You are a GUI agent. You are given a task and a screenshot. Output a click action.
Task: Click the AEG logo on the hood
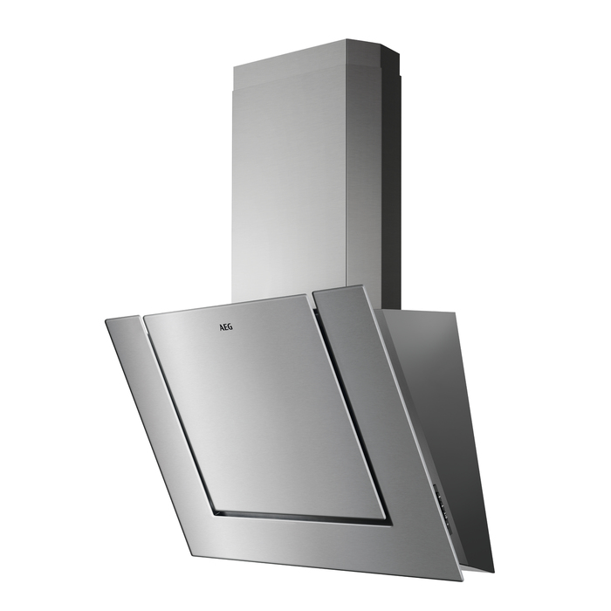(x=225, y=327)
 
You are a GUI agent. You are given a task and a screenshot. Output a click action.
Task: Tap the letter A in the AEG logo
(x=221, y=326)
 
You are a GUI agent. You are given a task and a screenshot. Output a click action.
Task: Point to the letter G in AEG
(x=230, y=327)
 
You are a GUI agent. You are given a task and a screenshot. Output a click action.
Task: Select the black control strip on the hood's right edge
(x=443, y=505)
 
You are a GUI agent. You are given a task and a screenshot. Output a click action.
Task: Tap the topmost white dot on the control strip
(x=439, y=496)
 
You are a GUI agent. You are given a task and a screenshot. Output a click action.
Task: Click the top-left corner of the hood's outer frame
(x=106, y=320)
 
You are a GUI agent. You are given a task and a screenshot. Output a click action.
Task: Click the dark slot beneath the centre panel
(x=300, y=517)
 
